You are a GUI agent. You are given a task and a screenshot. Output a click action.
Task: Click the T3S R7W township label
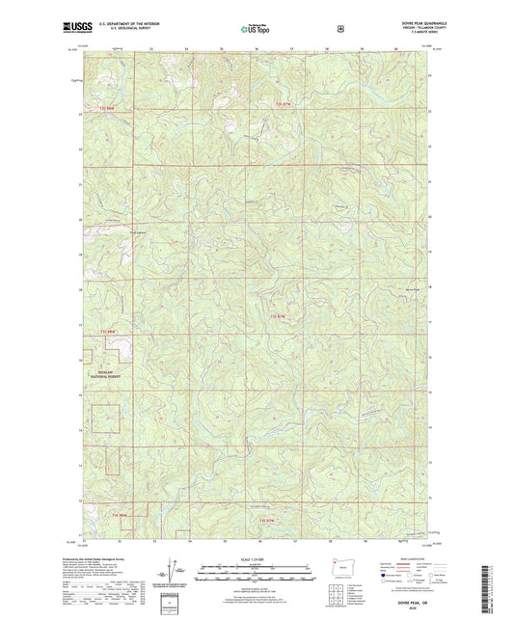pyautogui.click(x=279, y=316)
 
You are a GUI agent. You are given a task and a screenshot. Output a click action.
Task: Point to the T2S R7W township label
pyautogui.click(x=282, y=102)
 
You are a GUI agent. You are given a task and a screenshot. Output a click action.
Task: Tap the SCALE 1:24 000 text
pyautogui.click(x=257, y=556)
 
